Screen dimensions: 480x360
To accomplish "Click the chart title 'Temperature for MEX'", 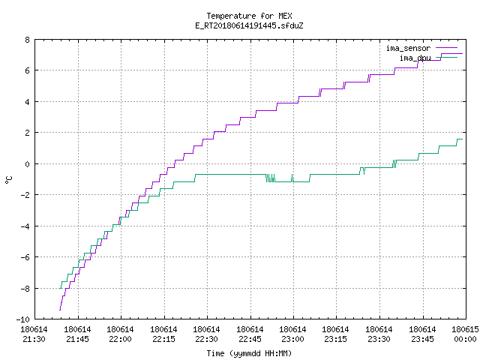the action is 249,16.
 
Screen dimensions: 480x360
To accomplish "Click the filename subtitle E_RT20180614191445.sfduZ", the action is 249,25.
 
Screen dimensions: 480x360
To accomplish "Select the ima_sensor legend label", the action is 408,48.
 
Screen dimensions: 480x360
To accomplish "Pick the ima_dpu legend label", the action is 415,58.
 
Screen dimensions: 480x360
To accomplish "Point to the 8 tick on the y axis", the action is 28,40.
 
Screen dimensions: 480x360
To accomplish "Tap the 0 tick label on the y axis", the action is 28,164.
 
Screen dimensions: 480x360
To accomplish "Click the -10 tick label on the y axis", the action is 23,319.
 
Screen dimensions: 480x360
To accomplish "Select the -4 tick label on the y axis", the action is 25,226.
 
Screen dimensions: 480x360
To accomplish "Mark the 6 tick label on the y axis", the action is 28,70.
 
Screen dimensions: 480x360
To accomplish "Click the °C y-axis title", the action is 8,180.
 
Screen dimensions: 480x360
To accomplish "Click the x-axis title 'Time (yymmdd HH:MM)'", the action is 249,353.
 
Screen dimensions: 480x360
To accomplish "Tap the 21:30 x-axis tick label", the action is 34,340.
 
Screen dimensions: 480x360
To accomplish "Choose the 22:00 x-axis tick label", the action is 120,340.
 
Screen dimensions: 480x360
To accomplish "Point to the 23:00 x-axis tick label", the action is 292,340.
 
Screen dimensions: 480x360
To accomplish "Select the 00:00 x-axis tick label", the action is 465,340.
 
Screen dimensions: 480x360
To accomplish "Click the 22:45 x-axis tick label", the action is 250,340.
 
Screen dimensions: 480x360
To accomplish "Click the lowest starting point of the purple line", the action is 60,310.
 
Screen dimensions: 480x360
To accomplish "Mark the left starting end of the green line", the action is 60,288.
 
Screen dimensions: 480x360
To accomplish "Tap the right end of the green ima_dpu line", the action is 462,139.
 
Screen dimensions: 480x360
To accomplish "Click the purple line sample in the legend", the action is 446,48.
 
